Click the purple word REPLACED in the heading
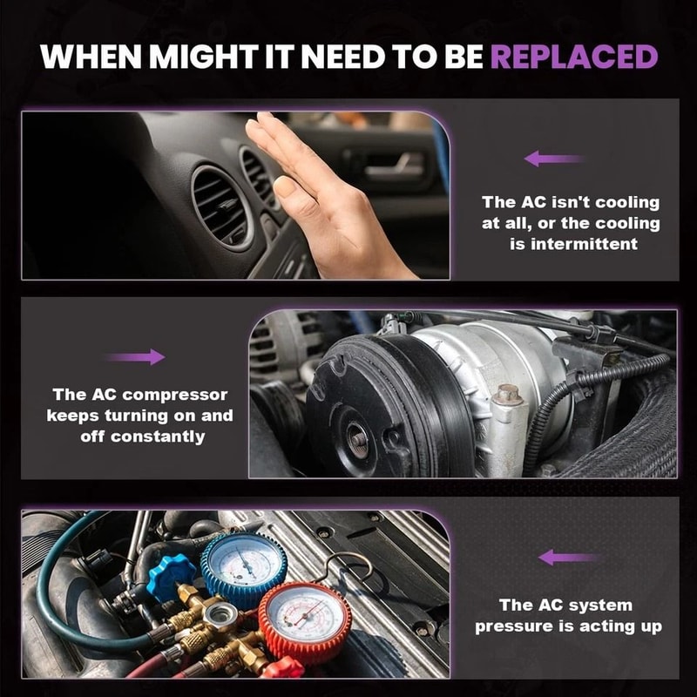coord(574,57)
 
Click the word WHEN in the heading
coord(91,57)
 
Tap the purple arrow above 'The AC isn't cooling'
coord(554,159)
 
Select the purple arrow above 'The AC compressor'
coord(136,356)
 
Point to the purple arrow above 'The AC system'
coord(568,557)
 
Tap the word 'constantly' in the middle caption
coord(158,436)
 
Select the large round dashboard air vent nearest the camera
coord(221,207)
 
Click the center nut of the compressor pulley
coord(358,440)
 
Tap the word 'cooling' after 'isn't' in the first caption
coord(627,202)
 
